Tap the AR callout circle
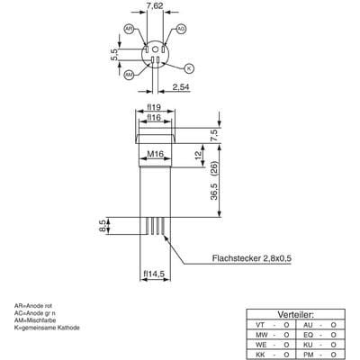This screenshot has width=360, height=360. [129, 30]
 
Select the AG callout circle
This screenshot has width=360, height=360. [181, 30]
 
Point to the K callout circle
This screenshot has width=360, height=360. [189, 67]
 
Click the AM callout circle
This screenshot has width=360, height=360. [129, 73]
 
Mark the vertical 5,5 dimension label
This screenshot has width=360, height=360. [113, 55]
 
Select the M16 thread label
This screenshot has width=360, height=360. [154, 153]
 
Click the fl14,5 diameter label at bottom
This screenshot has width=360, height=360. [154, 274]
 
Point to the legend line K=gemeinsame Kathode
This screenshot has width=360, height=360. [48, 328]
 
